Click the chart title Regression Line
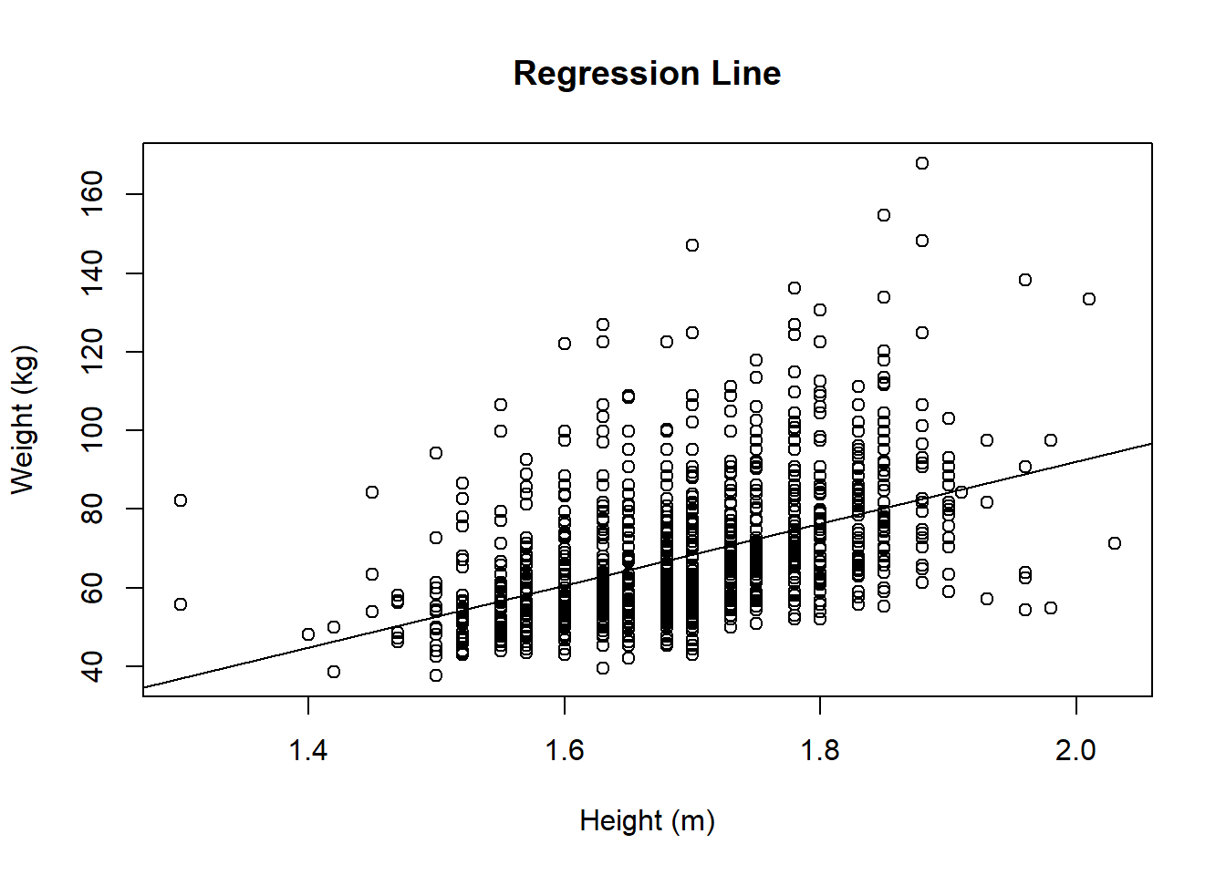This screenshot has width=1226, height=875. pyautogui.click(x=647, y=74)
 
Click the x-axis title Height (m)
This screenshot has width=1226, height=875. pyautogui.click(x=647, y=821)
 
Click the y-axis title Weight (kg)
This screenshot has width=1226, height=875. pyautogui.click(x=23, y=419)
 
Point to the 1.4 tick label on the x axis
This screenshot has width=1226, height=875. pyautogui.click(x=308, y=750)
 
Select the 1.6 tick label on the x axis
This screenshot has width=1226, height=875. pyautogui.click(x=565, y=750)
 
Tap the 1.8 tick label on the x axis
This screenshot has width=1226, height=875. pyautogui.click(x=820, y=750)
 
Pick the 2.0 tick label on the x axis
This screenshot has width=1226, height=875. pyautogui.click(x=1076, y=750)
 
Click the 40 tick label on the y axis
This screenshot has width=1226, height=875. pyautogui.click(x=93, y=666)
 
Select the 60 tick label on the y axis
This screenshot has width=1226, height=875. pyautogui.click(x=93, y=588)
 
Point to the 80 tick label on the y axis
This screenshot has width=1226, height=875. pyautogui.click(x=93, y=509)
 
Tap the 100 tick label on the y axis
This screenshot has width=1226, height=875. pyautogui.click(x=93, y=430)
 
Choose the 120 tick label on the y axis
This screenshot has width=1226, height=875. pyautogui.click(x=93, y=352)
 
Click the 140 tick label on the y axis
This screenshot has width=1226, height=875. pyautogui.click(x=93, y=273)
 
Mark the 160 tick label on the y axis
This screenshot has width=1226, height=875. pyautogui.click(x=93, y=194)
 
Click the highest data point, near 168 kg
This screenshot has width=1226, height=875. pyautogui.click(x=922, y=163)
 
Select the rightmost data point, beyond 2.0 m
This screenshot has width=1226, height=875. pyautogui.click(x=1115, y=543)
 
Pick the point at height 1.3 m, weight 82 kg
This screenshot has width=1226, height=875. pyautogui.click(x=181, y=500)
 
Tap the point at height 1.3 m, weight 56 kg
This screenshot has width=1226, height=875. pyautogui.click(x=181, y=604)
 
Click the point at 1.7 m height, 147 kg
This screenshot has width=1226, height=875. pyautogui.click(x=692, y=245)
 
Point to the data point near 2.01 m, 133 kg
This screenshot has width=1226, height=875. pyautogui.click(x=1089, y=299)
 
